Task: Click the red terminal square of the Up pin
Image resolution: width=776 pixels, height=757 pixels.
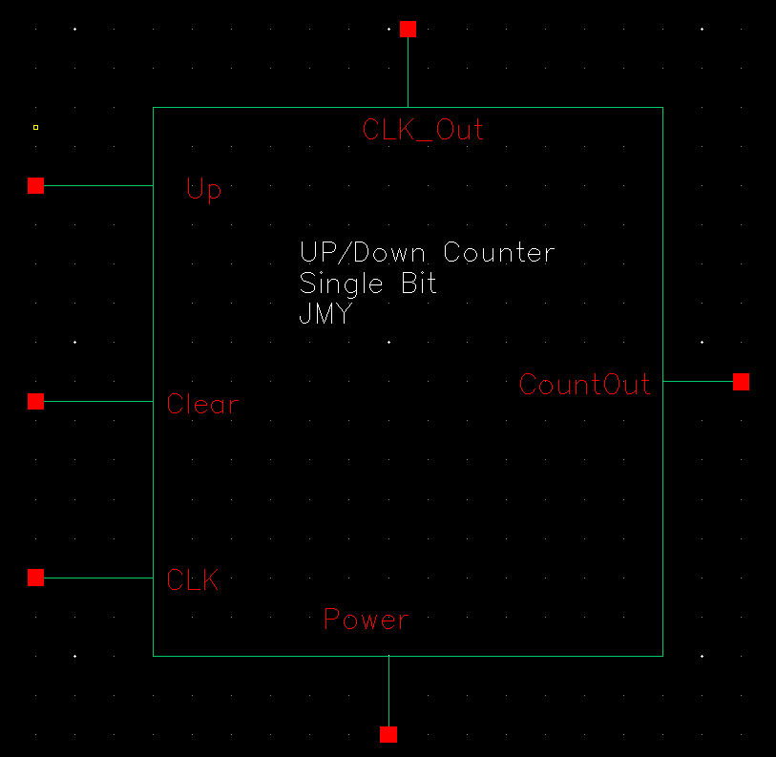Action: pos(36,185)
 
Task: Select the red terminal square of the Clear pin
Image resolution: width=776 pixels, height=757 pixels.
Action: pos(36,402)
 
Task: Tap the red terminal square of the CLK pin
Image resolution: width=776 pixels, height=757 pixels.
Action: pos(36,578)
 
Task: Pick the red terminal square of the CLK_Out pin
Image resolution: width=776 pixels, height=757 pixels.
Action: pos(409,30)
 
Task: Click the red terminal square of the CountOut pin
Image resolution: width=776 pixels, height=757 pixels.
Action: pos(742,382)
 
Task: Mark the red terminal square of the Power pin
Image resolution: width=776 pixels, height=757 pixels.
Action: pos(388,734)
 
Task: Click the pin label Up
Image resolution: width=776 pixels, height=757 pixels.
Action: pos(204,190)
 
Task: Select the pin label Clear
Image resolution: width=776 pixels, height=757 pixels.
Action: pos(202,404)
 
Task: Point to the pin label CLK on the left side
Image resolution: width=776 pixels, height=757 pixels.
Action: pos(192,579)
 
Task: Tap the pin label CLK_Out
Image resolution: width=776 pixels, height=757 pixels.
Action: pos(423,130)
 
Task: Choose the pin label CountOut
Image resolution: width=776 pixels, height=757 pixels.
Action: pos(585,385)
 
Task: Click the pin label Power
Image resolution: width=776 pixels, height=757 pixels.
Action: pos(367,620)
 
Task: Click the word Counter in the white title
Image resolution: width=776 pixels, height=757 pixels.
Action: pos(499,253)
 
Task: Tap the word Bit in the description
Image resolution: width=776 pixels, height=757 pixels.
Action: pos(417,284)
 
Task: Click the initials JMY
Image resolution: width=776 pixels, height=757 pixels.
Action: pos(325,314)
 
